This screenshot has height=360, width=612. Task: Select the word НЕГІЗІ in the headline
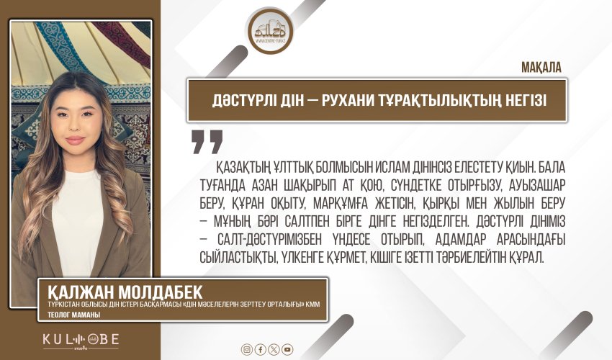click(x=520, y=100)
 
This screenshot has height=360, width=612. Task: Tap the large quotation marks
click(x=207, y=141)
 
